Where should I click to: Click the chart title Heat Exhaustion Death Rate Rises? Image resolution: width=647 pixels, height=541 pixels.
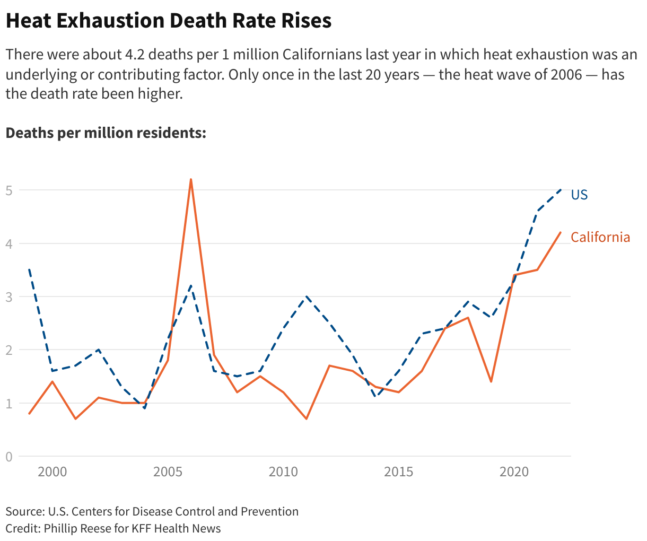168,21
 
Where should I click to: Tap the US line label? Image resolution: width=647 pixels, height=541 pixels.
579,195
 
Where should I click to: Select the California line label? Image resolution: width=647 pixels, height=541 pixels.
600,237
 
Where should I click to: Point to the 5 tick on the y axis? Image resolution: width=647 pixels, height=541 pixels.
9,190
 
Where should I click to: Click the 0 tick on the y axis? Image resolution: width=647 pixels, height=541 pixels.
9,456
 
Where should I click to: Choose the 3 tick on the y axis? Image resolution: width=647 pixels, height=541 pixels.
9,297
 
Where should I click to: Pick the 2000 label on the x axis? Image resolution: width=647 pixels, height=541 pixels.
53,472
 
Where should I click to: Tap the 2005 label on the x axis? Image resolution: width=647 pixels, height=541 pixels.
168,472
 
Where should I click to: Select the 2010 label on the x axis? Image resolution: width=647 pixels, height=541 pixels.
283,472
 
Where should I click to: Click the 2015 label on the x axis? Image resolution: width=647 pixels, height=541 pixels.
399,472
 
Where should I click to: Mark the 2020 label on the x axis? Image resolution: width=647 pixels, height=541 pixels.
514,472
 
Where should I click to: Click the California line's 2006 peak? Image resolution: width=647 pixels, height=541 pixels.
191,179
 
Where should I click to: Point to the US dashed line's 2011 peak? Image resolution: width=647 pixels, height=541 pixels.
306,296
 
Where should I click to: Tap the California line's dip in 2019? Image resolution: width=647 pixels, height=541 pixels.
491,381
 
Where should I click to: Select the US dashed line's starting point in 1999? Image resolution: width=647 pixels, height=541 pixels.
29,270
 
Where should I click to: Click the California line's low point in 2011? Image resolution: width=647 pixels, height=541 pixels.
306,419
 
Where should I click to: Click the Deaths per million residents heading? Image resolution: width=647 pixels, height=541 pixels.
106,133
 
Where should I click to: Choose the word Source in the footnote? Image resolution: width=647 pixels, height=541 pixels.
23,511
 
